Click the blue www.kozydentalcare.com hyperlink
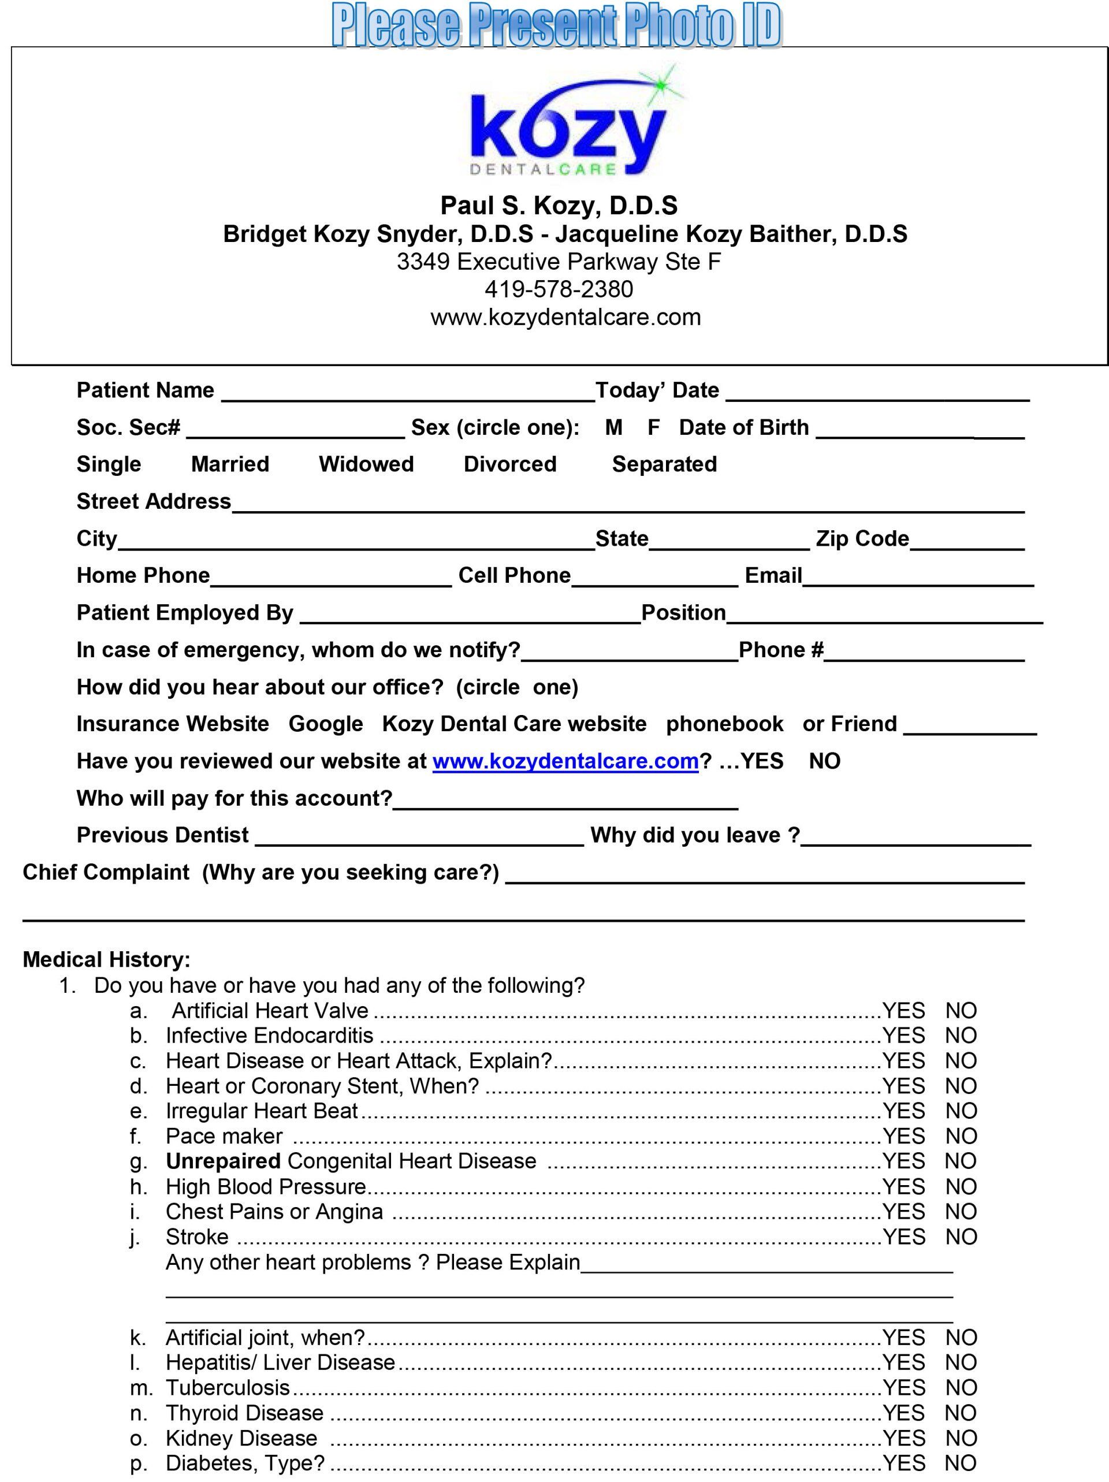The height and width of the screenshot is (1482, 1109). coord(565,761)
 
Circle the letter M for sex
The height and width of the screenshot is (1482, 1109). coord(613,427)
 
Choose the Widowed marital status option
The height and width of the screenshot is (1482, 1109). coord(366,464)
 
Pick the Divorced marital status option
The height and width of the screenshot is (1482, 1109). coord(510,464)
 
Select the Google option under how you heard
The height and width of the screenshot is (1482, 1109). coord(326,724)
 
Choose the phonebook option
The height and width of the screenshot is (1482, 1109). coord(724,724)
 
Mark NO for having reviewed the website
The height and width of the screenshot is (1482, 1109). coord(824,761)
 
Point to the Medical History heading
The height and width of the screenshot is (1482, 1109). coord(106,959)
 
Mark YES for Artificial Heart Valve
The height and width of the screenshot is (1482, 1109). coord(903,1010)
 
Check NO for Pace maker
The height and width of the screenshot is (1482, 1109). coord(961,1135)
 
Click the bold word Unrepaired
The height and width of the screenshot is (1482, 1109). coord(223,1161)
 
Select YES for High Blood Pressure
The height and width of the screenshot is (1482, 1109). coord(903,1186)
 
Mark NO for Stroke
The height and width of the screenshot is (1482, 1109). coord(961,1237)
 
